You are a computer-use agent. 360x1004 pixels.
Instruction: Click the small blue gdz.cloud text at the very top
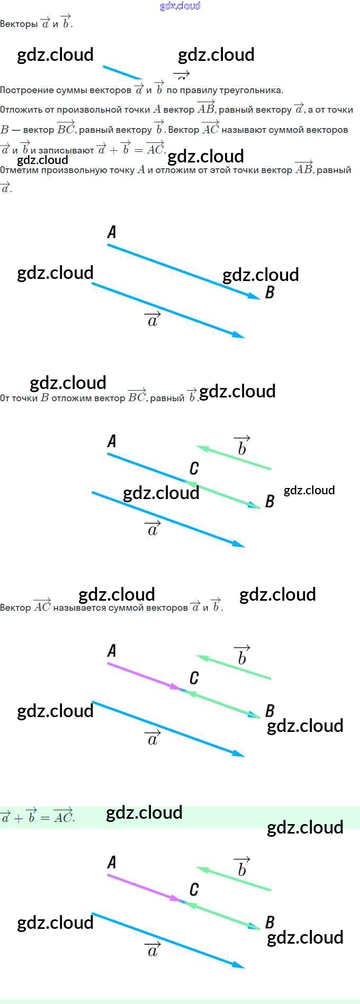180,6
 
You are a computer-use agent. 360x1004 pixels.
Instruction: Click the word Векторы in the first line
19,24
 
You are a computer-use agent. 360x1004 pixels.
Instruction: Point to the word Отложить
21,110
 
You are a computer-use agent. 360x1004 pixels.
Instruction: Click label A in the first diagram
112,232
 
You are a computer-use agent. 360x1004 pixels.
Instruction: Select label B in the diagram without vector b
269,292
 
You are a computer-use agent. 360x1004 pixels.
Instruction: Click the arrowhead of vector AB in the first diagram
254,296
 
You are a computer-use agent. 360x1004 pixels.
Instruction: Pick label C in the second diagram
194,468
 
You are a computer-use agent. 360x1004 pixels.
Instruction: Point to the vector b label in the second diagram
242,447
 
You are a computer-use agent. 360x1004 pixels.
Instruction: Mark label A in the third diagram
112,650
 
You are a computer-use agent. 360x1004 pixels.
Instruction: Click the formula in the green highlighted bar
37,817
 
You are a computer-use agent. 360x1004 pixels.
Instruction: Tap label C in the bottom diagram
194,890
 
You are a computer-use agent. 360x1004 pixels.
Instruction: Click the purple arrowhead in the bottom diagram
175,898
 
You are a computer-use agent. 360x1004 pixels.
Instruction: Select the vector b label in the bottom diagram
242,868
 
